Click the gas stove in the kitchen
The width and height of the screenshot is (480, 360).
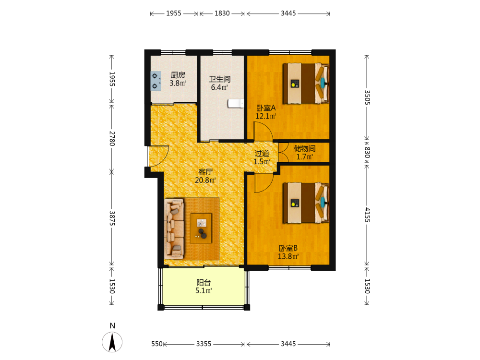156,81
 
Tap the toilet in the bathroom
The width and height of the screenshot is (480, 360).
236,104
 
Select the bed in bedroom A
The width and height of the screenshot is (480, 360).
305,83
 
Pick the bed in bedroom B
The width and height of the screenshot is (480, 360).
305,203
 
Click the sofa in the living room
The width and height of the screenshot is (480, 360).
174,228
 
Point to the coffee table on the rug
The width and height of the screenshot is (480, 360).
201,228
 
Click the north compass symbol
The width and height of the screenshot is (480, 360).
112,339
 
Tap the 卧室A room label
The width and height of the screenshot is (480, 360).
266,108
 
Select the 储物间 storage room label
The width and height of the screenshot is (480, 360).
305,149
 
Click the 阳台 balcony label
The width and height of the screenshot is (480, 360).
204,283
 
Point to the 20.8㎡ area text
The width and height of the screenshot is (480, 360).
205,180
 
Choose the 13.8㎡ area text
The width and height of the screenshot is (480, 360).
288,256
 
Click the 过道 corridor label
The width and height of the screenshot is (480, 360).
262,154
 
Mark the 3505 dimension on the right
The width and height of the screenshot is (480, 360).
367,97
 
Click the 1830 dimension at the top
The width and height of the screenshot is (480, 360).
222,13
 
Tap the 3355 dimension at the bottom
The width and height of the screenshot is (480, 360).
204,344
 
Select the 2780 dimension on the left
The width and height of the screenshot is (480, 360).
112,139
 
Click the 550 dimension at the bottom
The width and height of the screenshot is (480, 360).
157,344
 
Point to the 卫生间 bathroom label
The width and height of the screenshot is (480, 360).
220,79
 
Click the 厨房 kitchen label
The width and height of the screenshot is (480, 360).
178,75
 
